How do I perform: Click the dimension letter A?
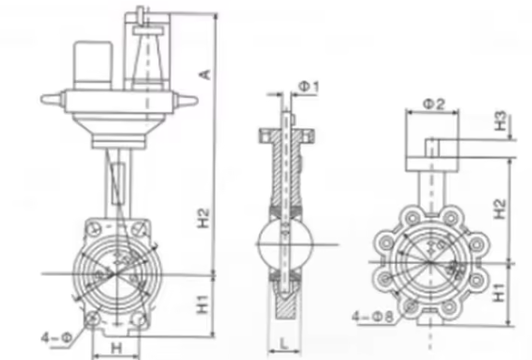click(205, 74)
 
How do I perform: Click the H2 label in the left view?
click(204, 218)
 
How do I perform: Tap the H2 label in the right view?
click(499, 208)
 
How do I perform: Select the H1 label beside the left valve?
click(203, 304)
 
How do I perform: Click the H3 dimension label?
click(501, 121)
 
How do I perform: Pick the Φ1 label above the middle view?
click(309, 87)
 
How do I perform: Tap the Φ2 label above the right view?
click(434, 104)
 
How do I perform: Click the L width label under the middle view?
click(284, 343)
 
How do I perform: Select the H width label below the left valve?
click(116, 348)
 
